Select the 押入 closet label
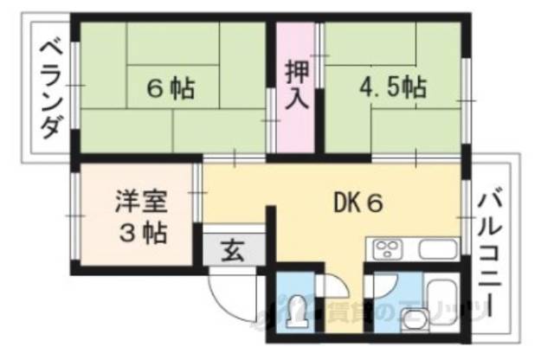coord(297,85)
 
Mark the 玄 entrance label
coord(232,252)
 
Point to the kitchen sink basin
coord(436,251)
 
